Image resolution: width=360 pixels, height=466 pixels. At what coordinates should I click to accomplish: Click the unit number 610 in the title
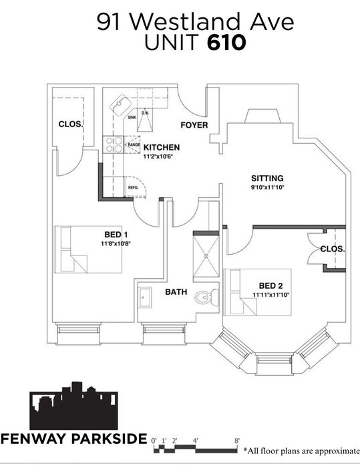tap(226, 43)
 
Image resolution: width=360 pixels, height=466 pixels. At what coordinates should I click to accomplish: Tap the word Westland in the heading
tap(184, 21)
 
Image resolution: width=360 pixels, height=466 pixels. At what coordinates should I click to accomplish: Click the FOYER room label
tap(194, 125)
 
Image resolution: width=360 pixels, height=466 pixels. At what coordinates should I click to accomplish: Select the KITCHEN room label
tap(162, 147)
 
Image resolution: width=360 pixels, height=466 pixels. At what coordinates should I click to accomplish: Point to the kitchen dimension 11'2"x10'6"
tap(158, 156)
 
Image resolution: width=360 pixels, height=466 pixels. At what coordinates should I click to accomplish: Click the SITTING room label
tap(267, 179)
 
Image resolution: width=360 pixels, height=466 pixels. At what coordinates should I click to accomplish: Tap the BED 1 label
tap(116, 235)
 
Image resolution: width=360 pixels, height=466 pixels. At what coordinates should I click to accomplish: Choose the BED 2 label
tap(271, 286)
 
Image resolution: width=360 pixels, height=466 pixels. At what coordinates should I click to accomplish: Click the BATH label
tap(176, 292)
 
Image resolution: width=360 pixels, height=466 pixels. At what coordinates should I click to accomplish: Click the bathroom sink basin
tap(145, 298)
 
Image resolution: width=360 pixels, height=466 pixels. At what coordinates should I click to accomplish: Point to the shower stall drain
tap(206, 255)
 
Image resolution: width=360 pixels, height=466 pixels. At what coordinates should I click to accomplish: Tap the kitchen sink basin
tap(121, 105)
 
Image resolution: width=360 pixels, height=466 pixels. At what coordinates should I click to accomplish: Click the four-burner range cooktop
tap(113, 144)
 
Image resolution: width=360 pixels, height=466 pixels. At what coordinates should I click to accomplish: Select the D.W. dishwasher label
tap(145, 113)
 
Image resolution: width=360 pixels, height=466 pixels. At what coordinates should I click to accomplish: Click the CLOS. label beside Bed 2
tap(333, 249)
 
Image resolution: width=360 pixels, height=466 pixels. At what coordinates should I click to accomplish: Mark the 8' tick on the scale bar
tap(237, 441)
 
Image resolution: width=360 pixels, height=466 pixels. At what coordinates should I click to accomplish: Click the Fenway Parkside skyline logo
tap(73, 406)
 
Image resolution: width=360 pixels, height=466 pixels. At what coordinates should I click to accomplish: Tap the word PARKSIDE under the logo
tap(110, 439)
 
